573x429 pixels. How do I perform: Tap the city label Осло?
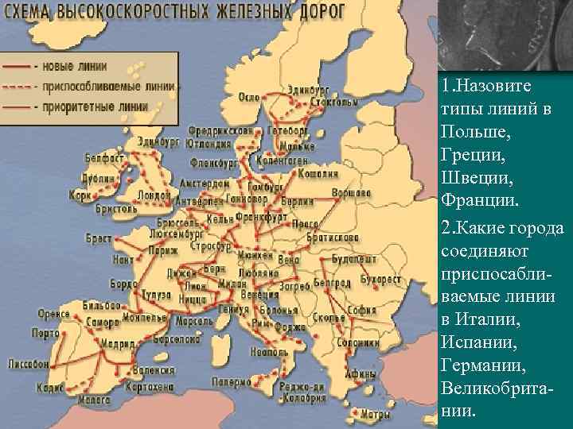pos(249,97)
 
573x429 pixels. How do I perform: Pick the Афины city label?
pos(361,375)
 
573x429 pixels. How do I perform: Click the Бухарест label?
pos(380,279)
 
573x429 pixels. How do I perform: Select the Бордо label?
pos(123,284)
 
